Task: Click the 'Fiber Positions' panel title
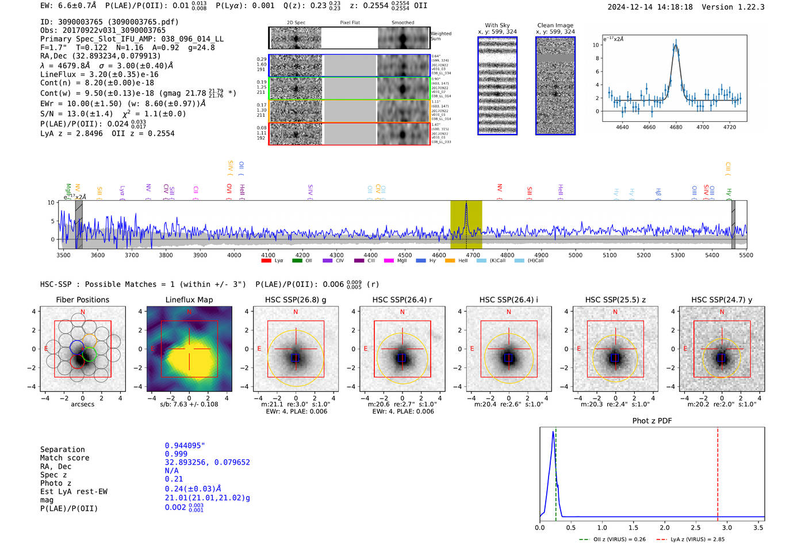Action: coord(82,300)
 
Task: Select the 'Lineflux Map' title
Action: coord(189,300)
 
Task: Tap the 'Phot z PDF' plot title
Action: coord(652,421)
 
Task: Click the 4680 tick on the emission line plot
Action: coord(676,127)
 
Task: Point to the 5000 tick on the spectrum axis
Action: coord(576,255)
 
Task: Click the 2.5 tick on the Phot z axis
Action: coord(696,527)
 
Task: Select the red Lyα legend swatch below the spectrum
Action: coord(266,261)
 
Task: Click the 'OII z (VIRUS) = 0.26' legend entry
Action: coord(615,539)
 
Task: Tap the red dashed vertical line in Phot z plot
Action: coord(718,472)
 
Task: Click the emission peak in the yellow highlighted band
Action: coord(466,205)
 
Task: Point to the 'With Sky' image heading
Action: coord(497,25)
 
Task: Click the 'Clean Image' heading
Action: coord(555,25)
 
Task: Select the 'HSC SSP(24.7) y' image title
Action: coord(722,300)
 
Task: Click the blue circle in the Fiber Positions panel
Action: coord(78,348)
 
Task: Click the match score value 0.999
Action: coord(176,454)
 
